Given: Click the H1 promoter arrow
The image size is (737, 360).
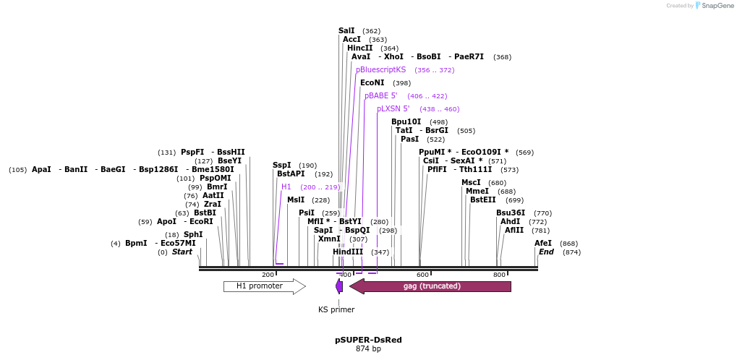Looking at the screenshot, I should click(264, 286).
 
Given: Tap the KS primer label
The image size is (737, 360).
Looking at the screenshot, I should click(336, 309).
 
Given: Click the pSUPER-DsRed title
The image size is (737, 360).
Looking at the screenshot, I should click(368, 339).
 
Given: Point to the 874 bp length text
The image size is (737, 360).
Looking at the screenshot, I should click(368, 348).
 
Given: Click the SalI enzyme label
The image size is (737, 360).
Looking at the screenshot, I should click(346, 30).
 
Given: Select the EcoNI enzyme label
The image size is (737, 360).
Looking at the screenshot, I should click(372, 82).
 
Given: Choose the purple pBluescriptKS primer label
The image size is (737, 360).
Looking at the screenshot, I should click(381, 69).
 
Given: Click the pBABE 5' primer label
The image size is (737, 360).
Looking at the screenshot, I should click(381, 95).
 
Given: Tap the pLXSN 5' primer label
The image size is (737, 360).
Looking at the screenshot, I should click(393, 108).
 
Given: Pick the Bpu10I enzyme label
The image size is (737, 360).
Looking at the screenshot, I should click(406, 121).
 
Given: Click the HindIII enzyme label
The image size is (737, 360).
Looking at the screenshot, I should click(348, 252).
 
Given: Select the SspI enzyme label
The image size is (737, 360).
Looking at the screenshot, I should click(282, 165).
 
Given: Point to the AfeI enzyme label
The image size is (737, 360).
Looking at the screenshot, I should click(543, 243).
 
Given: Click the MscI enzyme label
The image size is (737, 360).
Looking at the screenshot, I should click(471, 182).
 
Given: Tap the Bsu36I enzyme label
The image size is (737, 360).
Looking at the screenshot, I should click(511, 213).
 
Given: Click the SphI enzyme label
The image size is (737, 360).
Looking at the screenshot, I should click(193, 234).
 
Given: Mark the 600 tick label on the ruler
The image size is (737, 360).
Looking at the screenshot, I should click(423, 275).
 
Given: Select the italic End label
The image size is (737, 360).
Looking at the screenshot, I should click(546, 252).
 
